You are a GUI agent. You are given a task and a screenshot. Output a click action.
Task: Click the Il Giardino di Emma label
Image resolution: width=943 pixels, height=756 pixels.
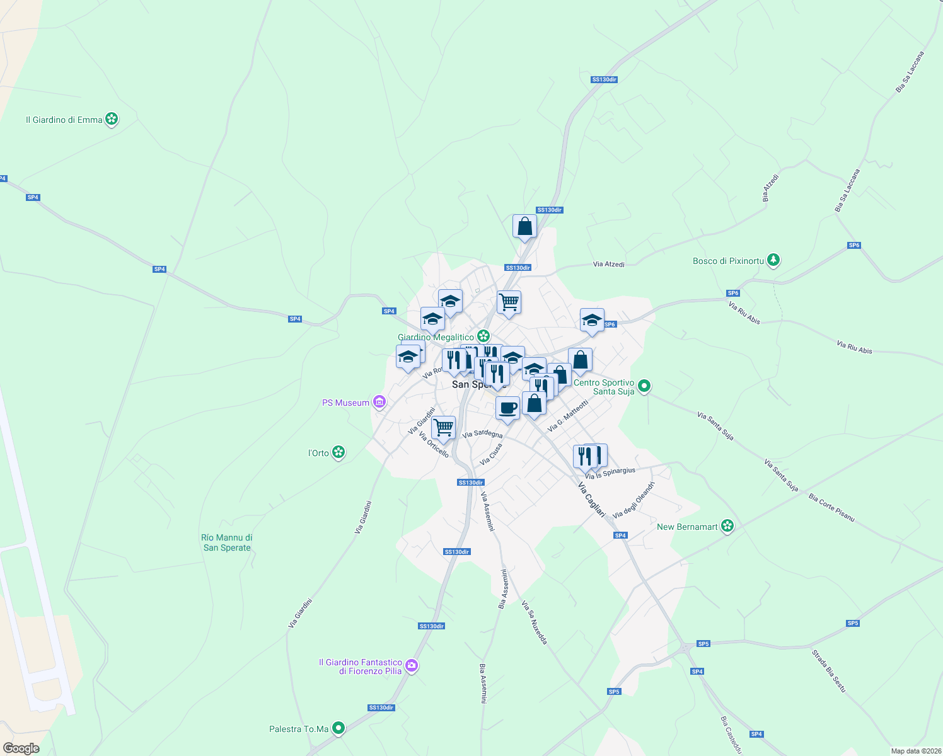(x=64, y=120)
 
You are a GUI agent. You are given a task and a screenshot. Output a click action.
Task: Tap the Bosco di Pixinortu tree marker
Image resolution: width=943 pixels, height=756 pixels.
(x=773, y=260)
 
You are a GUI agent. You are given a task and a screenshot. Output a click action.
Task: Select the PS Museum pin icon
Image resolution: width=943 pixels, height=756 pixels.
(x=379, y=402)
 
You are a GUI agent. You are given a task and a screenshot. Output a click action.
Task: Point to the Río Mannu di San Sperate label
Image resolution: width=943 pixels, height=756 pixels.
(x=227, y=542)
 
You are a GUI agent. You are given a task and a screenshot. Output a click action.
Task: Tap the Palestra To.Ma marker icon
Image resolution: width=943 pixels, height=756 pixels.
(x=338, y=728)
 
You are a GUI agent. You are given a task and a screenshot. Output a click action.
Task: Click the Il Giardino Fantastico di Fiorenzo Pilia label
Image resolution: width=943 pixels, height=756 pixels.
(x=361, y=667)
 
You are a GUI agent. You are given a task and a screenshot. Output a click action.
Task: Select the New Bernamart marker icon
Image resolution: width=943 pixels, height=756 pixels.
(x=727, y=525)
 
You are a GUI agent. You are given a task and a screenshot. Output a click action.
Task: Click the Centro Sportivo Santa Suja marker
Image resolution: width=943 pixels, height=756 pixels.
(x=644, y=385)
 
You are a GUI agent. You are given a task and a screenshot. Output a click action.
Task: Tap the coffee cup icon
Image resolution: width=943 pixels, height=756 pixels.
(x=507, y=408)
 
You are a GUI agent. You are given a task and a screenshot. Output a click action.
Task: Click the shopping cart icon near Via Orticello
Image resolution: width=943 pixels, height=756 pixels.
(x=444, y=428)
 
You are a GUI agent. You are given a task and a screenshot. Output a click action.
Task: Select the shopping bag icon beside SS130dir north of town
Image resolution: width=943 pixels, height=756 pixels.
(x=524, y=226)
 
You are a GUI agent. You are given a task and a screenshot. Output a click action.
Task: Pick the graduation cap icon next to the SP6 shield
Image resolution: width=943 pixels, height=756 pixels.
(x=592, y=321)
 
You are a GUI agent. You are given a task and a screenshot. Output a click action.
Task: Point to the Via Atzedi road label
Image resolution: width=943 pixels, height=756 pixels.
(x=608, y=265)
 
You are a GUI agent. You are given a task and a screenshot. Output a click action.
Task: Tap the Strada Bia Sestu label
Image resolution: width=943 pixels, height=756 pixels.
(x=828, y=671)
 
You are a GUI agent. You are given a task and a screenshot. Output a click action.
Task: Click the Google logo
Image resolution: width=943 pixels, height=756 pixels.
(x=21, y=748)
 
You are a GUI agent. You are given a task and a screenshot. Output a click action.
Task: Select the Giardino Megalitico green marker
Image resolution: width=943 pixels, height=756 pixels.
(x=483, y=336)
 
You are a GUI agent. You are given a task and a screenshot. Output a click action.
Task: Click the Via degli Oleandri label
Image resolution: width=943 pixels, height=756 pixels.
(x=634, y=500)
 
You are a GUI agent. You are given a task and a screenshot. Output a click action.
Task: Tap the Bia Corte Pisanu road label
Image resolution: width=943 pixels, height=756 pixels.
(x=831, y=508)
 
